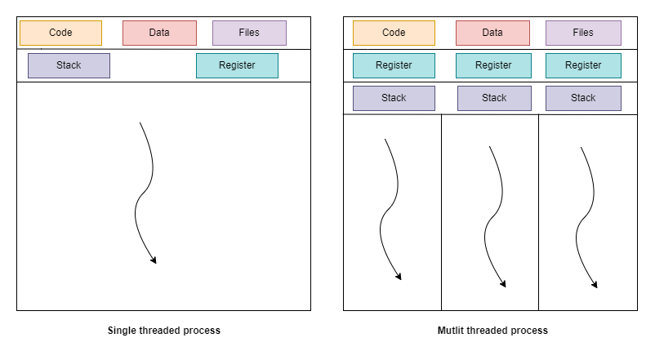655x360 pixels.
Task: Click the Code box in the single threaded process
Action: coord(60,33)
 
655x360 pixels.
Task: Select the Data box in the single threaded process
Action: coord(159,33)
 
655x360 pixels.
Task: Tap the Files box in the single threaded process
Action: coord(249,33)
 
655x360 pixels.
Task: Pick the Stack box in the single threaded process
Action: coord(69,65)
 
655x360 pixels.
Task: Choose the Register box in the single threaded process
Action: coord(237,65)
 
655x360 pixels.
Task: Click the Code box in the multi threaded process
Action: coord(394,33)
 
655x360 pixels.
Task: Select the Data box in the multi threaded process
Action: coord(492,33)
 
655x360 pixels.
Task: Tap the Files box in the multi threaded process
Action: coord(583,33)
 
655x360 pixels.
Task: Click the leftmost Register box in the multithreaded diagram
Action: coord(394,65)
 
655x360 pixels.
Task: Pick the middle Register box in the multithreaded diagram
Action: coord(492,65)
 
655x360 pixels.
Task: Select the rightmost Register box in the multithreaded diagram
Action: coord(583,65)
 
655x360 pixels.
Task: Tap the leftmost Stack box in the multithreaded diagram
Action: coord(394,98)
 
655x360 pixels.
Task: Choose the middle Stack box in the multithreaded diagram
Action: coord(494,98)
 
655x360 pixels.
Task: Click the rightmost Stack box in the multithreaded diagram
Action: coord(583,98)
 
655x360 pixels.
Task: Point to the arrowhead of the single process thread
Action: coord(153,261)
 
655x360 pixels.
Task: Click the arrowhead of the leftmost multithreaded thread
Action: coord(399,278)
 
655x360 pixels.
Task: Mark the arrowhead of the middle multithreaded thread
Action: coord(503,285)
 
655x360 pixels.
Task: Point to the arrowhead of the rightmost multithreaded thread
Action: coord(595,286)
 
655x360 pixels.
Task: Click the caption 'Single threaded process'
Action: coord(164,331)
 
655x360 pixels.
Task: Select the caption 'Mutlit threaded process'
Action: coord(492,331)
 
